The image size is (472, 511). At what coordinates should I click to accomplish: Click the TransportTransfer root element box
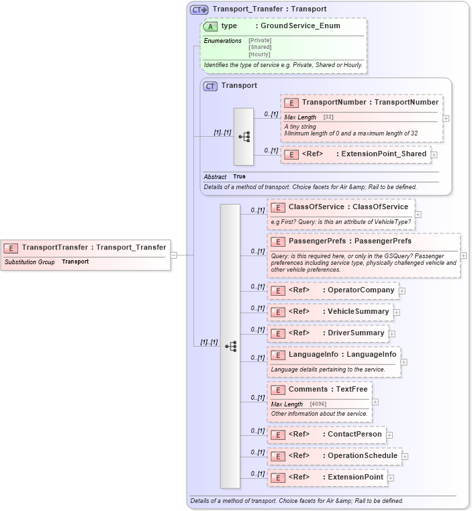(86, 247)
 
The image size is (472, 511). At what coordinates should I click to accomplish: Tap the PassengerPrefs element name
(318, 241)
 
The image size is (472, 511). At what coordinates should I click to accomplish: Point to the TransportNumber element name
(333, 102)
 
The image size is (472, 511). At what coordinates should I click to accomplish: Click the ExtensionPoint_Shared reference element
(356, 154)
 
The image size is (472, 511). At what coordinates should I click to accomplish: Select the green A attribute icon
(211, 26)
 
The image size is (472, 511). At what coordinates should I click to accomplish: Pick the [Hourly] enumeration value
(260, 54)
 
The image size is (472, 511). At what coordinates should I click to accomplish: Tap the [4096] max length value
(318, 404)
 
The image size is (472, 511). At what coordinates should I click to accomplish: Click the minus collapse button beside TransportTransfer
(174, 255)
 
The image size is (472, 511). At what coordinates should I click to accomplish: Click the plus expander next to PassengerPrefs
(463, 255)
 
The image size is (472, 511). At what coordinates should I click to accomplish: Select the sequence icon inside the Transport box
(244, 136)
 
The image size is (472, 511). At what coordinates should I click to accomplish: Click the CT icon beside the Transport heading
(211, 86)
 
